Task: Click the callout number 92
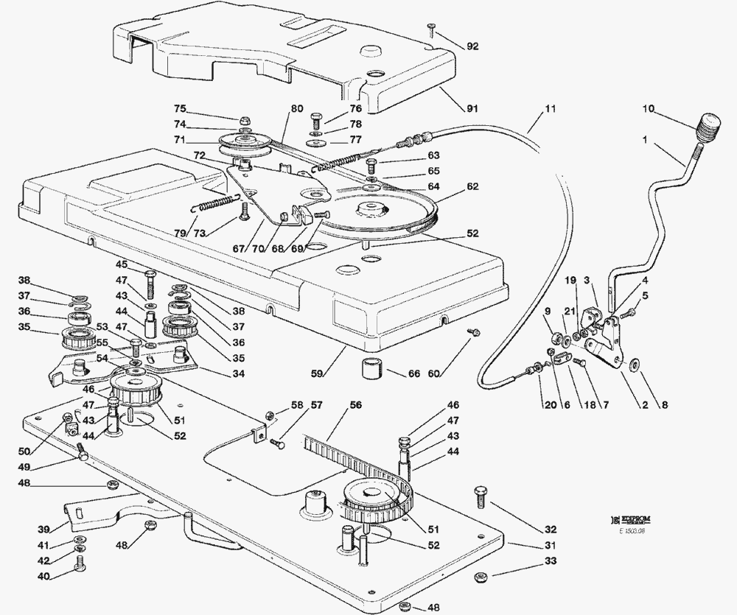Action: tap(472, 46)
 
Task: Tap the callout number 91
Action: tap(472, 108)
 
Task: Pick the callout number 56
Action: tap(356, 405)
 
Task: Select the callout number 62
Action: tap(472, 186)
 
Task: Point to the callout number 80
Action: tap(296, 108)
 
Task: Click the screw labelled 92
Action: tap(431, 29)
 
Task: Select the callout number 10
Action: tap(649, 110)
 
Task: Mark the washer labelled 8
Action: tap(635, 363)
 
